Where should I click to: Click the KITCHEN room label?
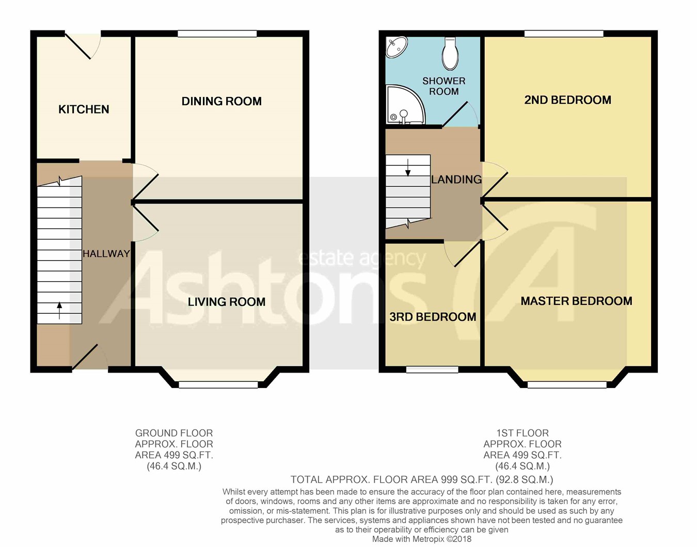[x=84, y=109]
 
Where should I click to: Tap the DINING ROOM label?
[x=221, y=101]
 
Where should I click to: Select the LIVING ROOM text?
[x=227, y=301]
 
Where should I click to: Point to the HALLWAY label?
[x=106, y=254]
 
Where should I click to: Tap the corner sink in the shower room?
[x=396, y=47]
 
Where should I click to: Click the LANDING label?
[x=456, y=180]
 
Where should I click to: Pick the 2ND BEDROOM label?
[x=568, y=100]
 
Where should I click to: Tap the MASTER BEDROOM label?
[x=576, y=301]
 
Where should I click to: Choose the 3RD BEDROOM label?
[x=433, y=317]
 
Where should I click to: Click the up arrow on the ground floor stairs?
[x=59, y=310]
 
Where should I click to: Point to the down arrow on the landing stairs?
[x=408, y=168]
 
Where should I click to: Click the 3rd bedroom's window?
[x=432, y=369]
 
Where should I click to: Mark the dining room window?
[x=217, y=34]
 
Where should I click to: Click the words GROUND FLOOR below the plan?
[x=174, y=433]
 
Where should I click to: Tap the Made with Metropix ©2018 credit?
[x=421, y=539]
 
